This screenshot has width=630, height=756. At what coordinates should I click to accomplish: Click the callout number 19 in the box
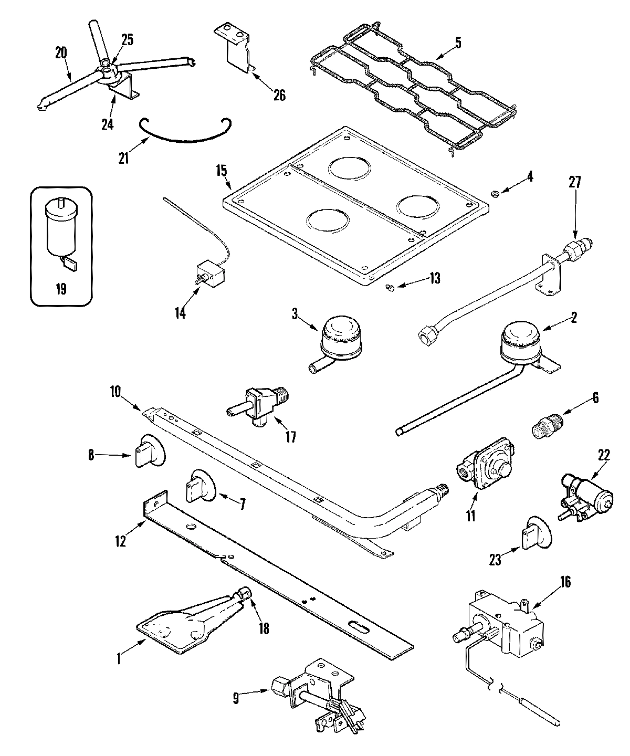pyautogui.click(x=61, y=289)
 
